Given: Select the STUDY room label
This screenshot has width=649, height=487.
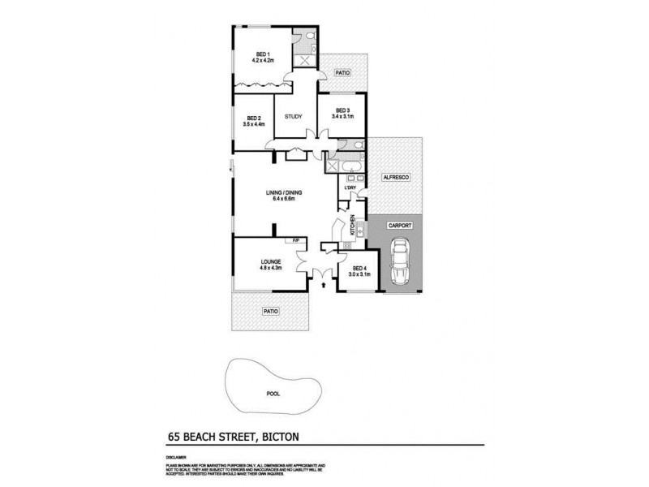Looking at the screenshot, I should (294, 116).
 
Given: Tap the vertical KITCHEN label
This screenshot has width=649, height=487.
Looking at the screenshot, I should (352, 225).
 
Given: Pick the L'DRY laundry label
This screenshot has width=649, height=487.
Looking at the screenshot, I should (350, 188).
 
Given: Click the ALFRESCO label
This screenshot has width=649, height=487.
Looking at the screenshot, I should (395, 176).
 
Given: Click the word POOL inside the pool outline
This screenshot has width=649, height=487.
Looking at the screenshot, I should (273, 394).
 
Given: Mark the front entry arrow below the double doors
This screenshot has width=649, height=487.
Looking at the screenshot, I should (324, 285).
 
